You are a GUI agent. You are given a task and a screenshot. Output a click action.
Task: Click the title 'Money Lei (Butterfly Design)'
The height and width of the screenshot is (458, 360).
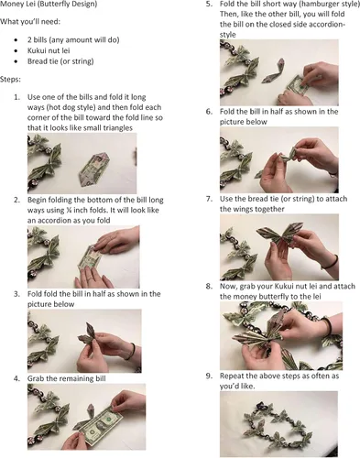click(49, 5)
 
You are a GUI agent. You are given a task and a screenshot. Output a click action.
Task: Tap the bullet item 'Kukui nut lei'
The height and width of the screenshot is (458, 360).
click(49, 50)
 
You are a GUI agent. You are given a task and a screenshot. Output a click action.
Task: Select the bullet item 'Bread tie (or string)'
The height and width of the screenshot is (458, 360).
click(60, 61)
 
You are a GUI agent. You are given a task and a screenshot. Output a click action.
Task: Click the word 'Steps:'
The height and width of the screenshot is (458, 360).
click(10, 80)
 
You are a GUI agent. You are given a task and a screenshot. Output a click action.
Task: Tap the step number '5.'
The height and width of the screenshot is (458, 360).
click(209, 4)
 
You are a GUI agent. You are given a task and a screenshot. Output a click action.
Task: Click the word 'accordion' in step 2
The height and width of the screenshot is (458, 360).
click(47, 220)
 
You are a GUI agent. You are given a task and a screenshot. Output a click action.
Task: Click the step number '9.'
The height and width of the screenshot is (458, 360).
click(209, 376)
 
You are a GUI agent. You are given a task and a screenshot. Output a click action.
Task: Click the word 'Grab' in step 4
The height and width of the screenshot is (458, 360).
click(35, 378)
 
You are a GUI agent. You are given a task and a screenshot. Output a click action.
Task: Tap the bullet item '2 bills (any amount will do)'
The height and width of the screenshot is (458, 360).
click(73, 39)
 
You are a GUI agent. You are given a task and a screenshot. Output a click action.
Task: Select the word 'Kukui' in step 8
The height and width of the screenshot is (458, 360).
click(283, 287)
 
